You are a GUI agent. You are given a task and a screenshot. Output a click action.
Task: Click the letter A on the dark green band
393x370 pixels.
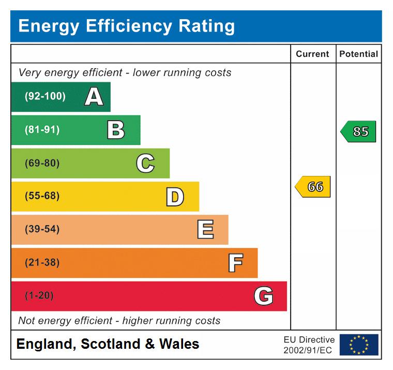coord(94,97)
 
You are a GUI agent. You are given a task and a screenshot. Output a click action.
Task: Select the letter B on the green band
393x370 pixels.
coord(116,130)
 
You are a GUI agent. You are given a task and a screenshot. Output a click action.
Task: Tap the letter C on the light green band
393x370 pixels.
coord(145,164)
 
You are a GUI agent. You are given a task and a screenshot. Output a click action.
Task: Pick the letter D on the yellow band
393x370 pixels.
coord(175,197)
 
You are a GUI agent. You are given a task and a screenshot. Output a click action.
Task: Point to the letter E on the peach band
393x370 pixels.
coord(205,230)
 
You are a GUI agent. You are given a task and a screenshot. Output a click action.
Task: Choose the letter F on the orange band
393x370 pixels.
coord(235,263)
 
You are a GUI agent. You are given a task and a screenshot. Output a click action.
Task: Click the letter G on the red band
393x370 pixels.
coord(264,296)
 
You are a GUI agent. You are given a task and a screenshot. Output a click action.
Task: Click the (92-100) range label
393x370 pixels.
coord(45,97)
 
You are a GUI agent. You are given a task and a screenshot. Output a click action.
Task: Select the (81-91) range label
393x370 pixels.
coord(42,130)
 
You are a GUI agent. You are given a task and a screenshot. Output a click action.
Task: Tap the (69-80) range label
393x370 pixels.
coord(42,164)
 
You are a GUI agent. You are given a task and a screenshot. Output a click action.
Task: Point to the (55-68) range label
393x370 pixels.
coord(42,197)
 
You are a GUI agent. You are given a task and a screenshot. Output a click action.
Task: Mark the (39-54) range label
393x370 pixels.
coord(42,230)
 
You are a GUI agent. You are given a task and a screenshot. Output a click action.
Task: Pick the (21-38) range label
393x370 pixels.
coord(42,263)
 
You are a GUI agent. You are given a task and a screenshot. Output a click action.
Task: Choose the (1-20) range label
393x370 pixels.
coord(39,296)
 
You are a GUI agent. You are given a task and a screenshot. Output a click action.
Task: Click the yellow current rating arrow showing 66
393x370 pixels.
coord(313,187)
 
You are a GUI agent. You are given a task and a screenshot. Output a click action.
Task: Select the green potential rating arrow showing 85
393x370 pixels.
coord(359,131)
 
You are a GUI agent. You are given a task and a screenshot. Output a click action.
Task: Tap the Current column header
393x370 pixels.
coord(312,54)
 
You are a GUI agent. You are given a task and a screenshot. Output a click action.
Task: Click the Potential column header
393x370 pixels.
coord(358,54)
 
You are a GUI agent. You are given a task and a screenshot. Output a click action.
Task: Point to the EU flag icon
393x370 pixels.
coord(359,345)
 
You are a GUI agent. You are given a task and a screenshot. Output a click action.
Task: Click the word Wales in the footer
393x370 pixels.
coord(179,344)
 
